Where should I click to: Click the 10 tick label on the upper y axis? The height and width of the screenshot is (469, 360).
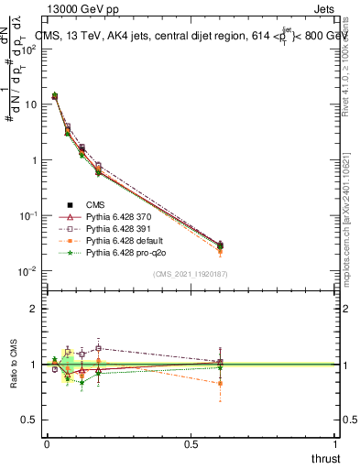(x=29, y=104)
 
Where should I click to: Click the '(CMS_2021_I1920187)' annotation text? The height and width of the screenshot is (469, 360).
(x=190, y=273)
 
